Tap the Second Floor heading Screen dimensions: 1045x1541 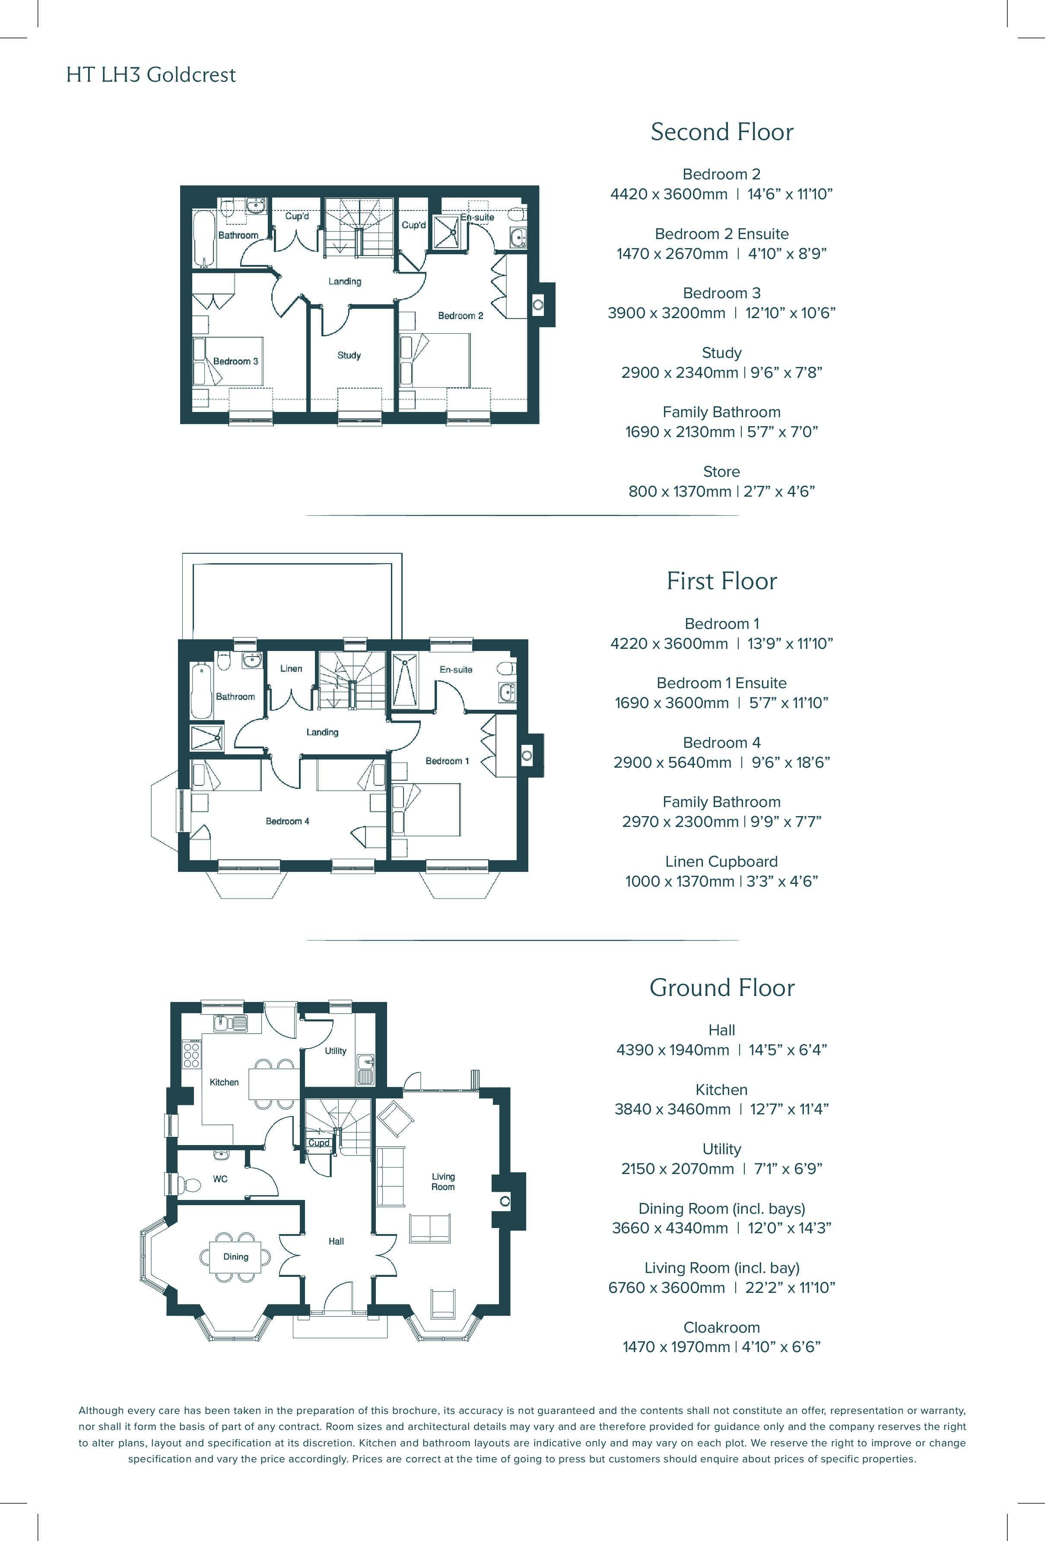[x=721, y=131]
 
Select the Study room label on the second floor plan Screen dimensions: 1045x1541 [x=349, y=355]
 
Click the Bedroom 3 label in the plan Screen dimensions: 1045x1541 [x=235, y=361]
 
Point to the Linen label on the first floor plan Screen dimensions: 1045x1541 [x=291, y=668]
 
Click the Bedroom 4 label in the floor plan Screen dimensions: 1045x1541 [x=288, y=821]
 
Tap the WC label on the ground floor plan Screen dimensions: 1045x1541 [x=220, y=1179]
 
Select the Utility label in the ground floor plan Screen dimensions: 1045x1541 [x=335, y=1051]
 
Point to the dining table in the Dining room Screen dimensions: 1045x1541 [x=236, y=1257]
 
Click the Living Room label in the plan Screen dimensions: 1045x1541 [x=443, y=1182]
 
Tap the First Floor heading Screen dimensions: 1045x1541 [x=721, y=581]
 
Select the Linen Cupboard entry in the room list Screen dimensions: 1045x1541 [x=721, y=861]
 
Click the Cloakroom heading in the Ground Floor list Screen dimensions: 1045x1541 [x=721, y=1327]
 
